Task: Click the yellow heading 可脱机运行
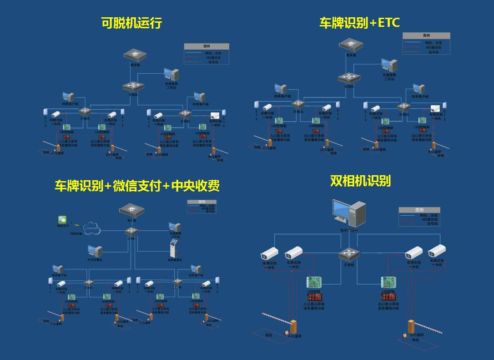(x=131, y=23)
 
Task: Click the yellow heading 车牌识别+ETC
(x=359, y=23)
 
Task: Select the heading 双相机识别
(x=360, y=181)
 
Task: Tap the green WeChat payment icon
(x=62, y=219)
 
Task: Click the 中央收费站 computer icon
(x=96, y=251)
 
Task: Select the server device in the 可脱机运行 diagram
(x=135, y=55)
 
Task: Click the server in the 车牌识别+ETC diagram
(x=351, y=45)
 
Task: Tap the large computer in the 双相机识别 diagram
(x=349, y=213)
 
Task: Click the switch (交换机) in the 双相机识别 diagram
(x=349, y=254)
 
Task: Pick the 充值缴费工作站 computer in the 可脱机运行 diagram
(x=171, y=75)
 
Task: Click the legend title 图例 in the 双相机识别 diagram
(x=419, y=210)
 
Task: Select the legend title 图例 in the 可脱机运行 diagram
(x=206, y=46)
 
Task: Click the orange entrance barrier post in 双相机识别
(x=293, y=326)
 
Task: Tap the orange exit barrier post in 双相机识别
(x=412, y=327)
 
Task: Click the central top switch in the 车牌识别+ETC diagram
(x=349, y=77)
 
